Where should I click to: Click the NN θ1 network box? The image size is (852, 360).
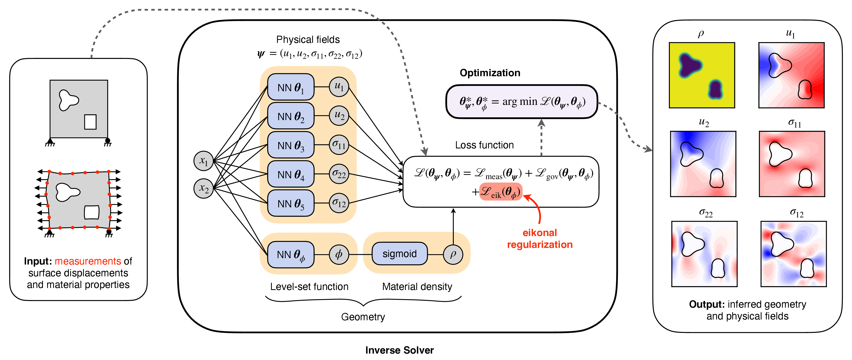tap(290, 87)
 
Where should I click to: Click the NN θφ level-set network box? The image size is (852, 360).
tap(290, 255)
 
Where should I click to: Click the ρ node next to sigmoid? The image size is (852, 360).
tap(453, 255)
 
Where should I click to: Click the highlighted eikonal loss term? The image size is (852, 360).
tap(501, 192)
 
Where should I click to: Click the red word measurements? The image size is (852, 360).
tap(88, 261)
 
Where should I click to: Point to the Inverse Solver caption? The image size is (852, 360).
tap(399, 350)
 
